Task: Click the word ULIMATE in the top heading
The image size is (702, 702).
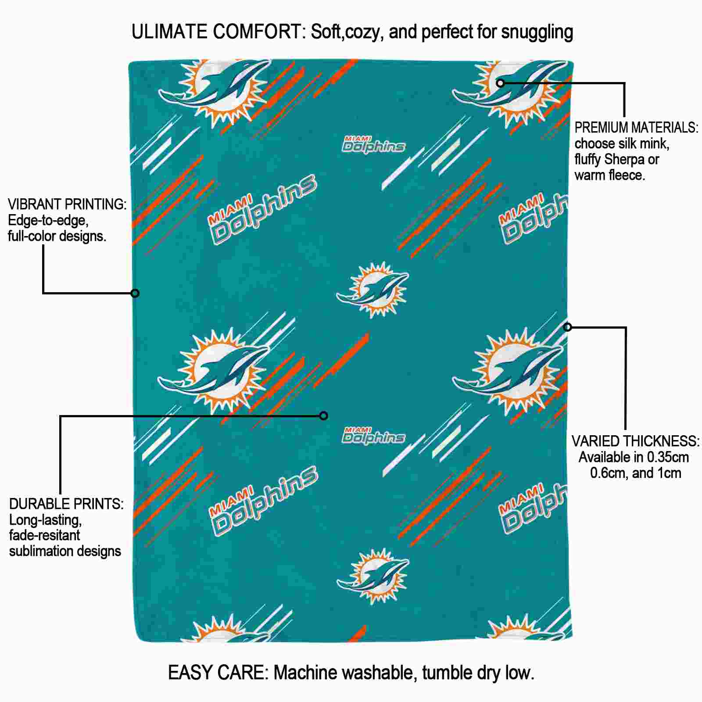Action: tap(169, 32)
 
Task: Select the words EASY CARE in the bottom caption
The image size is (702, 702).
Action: tap(218, 672)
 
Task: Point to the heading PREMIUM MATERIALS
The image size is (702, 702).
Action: tap(636, 127)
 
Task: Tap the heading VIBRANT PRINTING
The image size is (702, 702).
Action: tap(67, 204)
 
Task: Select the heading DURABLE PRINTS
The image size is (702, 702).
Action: tap(66, 504)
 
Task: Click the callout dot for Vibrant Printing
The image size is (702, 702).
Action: tap(135, 293)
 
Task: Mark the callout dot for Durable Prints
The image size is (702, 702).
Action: tap(323, 415)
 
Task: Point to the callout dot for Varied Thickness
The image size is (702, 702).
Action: tap(567, 327)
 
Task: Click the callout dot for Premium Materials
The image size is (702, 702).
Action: tap(500, 82)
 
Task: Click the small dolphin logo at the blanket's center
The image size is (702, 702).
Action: tap(372, 290)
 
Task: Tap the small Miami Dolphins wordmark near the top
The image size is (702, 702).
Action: tap(373, 144)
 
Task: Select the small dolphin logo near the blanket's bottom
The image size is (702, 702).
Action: tap(373, 576)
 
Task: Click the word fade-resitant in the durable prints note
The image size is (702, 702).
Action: tap(45, 535)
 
